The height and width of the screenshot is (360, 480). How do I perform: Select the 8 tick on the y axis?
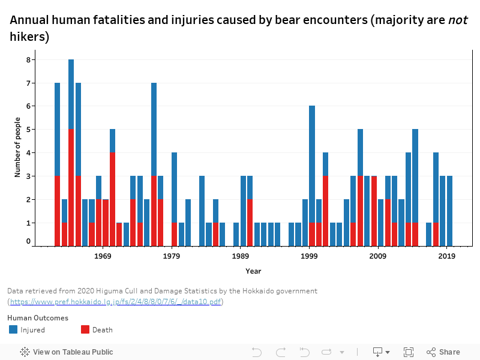28,59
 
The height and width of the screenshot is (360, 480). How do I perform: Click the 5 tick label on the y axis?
28,130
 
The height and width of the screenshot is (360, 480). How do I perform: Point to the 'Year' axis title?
253,271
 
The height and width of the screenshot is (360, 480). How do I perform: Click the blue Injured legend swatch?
14,329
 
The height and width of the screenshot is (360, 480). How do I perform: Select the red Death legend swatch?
85,329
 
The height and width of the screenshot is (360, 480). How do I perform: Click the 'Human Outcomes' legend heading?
38,318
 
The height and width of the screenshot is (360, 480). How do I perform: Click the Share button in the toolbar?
443,352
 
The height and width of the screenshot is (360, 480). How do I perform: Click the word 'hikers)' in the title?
29,37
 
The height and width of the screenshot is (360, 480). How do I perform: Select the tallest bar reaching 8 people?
71,90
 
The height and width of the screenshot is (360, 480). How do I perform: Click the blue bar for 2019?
449,210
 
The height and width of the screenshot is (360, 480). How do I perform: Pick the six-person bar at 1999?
312,162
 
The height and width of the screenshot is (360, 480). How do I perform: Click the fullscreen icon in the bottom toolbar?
409,352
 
